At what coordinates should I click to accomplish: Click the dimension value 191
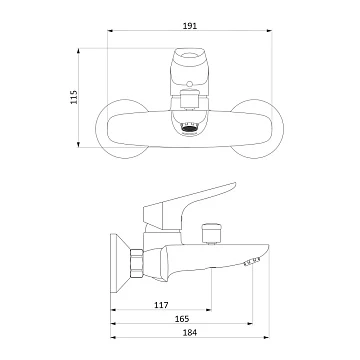coord(190,26)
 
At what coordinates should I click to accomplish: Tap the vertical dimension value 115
coord(74,97)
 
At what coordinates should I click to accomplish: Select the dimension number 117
coord(161,305)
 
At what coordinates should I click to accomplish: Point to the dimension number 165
coord(182,319)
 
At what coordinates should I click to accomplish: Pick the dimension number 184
coord(190,332)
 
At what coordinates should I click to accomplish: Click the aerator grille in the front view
coord(189,128)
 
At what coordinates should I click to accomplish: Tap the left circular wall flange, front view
coord(122,129)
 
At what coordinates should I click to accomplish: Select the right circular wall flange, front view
coord(257,129)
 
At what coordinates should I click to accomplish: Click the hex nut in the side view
coord(137,263)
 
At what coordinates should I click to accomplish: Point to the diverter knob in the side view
coord(211,233)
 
